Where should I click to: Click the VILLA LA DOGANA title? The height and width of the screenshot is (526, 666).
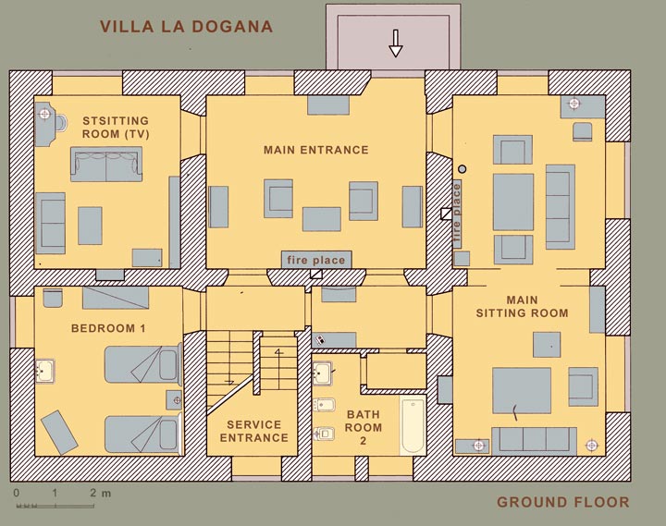186,26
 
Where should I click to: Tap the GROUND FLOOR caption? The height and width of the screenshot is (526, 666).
562,502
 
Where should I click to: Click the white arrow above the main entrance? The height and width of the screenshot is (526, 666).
396,43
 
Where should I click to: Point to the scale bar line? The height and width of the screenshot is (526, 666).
55,506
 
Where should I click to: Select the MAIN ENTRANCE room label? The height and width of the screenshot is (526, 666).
316,150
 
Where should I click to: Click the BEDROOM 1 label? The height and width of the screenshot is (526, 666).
108,328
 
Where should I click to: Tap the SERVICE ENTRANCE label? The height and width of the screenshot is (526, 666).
254,431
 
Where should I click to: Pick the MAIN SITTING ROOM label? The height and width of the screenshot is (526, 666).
522,307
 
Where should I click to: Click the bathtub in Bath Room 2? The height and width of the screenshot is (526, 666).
413,425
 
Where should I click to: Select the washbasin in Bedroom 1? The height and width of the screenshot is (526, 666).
44,371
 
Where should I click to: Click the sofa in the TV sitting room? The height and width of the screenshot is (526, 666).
106,165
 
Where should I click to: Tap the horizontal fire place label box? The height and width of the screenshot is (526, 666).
316,260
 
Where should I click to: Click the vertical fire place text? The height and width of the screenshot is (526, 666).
457,214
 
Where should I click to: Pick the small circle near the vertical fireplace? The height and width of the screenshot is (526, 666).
462,169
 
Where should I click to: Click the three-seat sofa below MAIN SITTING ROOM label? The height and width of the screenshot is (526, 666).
535,440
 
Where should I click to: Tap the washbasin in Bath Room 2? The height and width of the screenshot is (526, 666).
323,373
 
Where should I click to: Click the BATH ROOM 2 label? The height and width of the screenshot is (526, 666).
364,427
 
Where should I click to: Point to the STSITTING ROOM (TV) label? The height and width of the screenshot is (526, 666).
116,128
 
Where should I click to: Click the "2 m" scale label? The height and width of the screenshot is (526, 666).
101,493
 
